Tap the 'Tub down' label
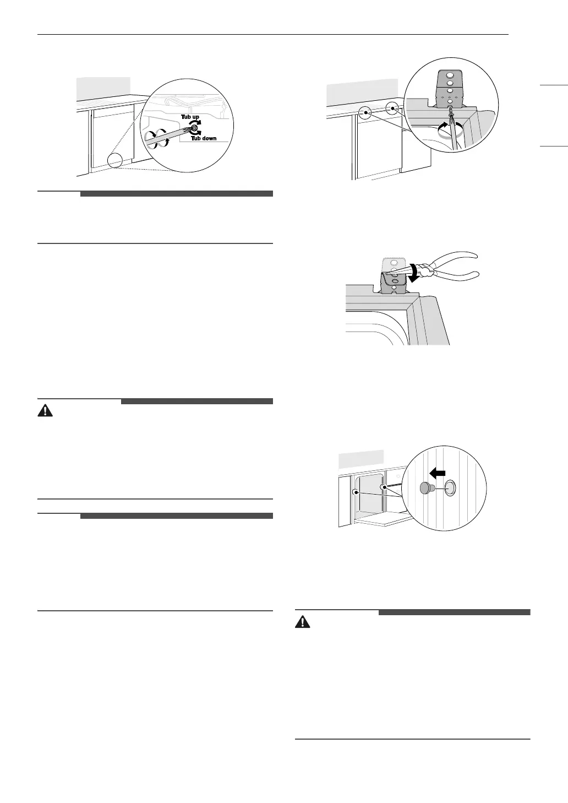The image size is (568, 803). [204, 138]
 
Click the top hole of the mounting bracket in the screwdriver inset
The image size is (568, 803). [450, 75]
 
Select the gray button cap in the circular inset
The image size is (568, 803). [426, 488]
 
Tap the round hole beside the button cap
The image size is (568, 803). [449, 487]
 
